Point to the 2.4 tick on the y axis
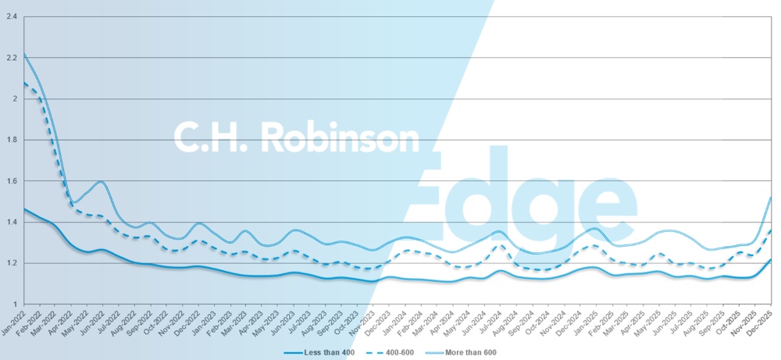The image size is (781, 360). pos(12,17)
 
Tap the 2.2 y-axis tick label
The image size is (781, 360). pos(12,58)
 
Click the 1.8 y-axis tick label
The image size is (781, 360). pos(12,140)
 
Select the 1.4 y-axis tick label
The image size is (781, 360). pos(12,222)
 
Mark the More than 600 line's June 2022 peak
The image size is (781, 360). pos(101,182)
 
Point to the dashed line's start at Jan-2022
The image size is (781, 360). pos(24,83)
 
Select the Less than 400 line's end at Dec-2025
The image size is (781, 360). pos(772,259)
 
